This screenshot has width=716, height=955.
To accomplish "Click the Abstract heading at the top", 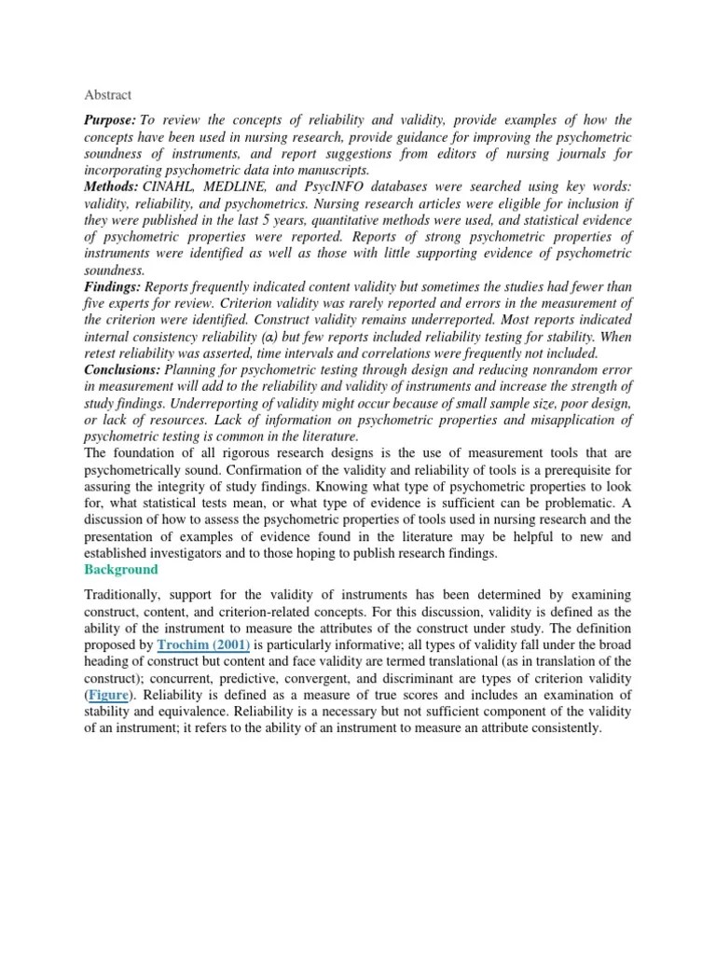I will pyautogui.click(x=108, y=95).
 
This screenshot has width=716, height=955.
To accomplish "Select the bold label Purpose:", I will pyautogui.click(x=111, y=121).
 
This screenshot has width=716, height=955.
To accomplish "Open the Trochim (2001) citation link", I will pyautogui.click(x=196, y=644).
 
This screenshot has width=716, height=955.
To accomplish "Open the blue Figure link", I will pyautogui.click(x=108, y=695).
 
